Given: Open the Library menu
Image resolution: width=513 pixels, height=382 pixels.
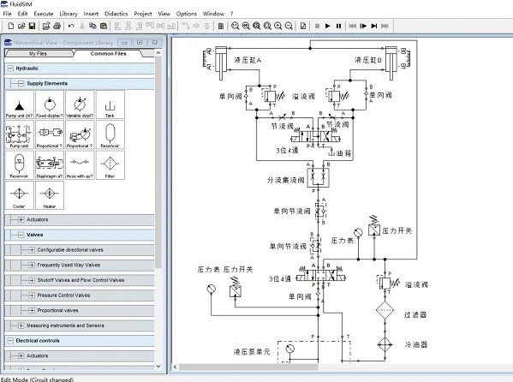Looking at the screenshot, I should [69, 14].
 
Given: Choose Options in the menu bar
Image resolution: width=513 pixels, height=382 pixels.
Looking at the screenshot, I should [186, 14].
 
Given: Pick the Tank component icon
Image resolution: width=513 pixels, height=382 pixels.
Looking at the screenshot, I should [110, 105].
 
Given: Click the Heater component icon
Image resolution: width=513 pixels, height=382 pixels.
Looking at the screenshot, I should [49, 195].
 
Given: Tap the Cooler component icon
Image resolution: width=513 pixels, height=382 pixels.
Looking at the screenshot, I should [19, 195].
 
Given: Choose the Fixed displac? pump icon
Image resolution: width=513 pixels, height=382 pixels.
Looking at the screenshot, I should [49, 105].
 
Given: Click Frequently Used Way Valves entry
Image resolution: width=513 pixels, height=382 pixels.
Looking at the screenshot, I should [69, 265].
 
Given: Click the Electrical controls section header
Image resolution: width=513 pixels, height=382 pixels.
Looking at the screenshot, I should [39, 340].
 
